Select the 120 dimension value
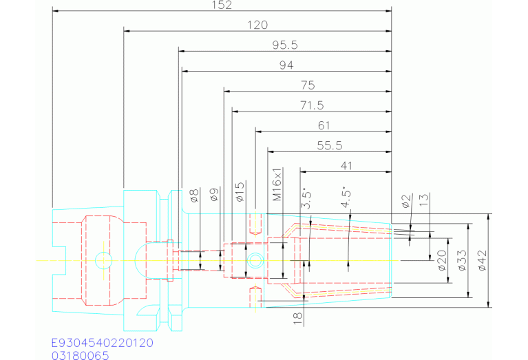click(257, 25)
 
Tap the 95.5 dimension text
click(284, 45)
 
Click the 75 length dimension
click(308, 85)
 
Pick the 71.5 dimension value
click(311, 105)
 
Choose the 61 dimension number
click(324, 125)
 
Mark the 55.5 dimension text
click(329, 145)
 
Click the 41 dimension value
click(346, 165)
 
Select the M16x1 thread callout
click(277, 184)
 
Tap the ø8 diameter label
click(194, 195)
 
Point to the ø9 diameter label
click(215, 195)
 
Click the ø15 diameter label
click(240, 192)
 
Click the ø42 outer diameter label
click(482, 261)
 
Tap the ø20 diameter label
click(443, 260)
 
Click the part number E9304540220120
click(103, 342)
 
